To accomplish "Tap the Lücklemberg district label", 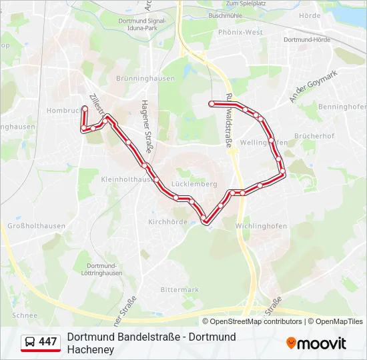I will pyautogui.click(x=194, y=184).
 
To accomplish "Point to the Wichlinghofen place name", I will pyautogui.click(x=261, y=226).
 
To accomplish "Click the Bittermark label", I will pyautogui.click(x=179, y=289).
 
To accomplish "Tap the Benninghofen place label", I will pyautogui.click(x=343, y=107).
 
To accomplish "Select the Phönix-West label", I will pyautogui.click(x=240, y=31).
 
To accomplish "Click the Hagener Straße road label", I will pyautogui.click(x=147, y=127).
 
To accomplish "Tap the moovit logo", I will pyautogui.click(x=316, y=343).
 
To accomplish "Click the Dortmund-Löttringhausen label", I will pyautogui.click(x=105, y=269).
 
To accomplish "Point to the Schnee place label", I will pyautogui.click(x=25, y=315).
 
